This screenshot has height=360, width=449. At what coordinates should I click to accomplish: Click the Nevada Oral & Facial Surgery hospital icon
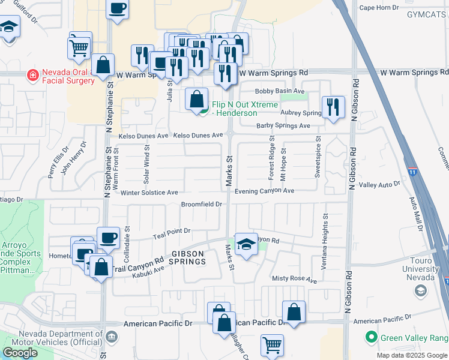pos(32,76)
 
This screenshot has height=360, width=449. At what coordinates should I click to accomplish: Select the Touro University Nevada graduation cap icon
pos(420,291)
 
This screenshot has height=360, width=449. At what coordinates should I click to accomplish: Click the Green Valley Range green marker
pos(372,337)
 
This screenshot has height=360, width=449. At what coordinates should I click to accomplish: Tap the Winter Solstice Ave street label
pos(149,193)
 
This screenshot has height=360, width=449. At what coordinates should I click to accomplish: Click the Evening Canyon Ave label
pos(264,191)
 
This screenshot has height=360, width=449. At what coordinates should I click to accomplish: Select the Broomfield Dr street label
pos(202,205)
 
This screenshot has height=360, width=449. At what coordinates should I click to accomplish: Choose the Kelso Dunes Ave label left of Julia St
pos(143,136)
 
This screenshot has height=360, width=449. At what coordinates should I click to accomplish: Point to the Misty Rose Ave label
pos(294,280)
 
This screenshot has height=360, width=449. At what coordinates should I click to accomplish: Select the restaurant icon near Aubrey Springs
pos(333,107)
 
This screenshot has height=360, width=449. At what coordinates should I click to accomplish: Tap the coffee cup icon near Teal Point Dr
pos(108,238)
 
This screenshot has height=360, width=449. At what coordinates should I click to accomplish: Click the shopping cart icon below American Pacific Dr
pos(272,345)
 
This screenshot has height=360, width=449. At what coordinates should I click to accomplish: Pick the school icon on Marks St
pos(246,244)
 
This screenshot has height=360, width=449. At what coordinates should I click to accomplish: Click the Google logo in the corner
pos(20,353)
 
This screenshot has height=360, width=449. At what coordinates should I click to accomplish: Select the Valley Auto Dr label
pos(379,185)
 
